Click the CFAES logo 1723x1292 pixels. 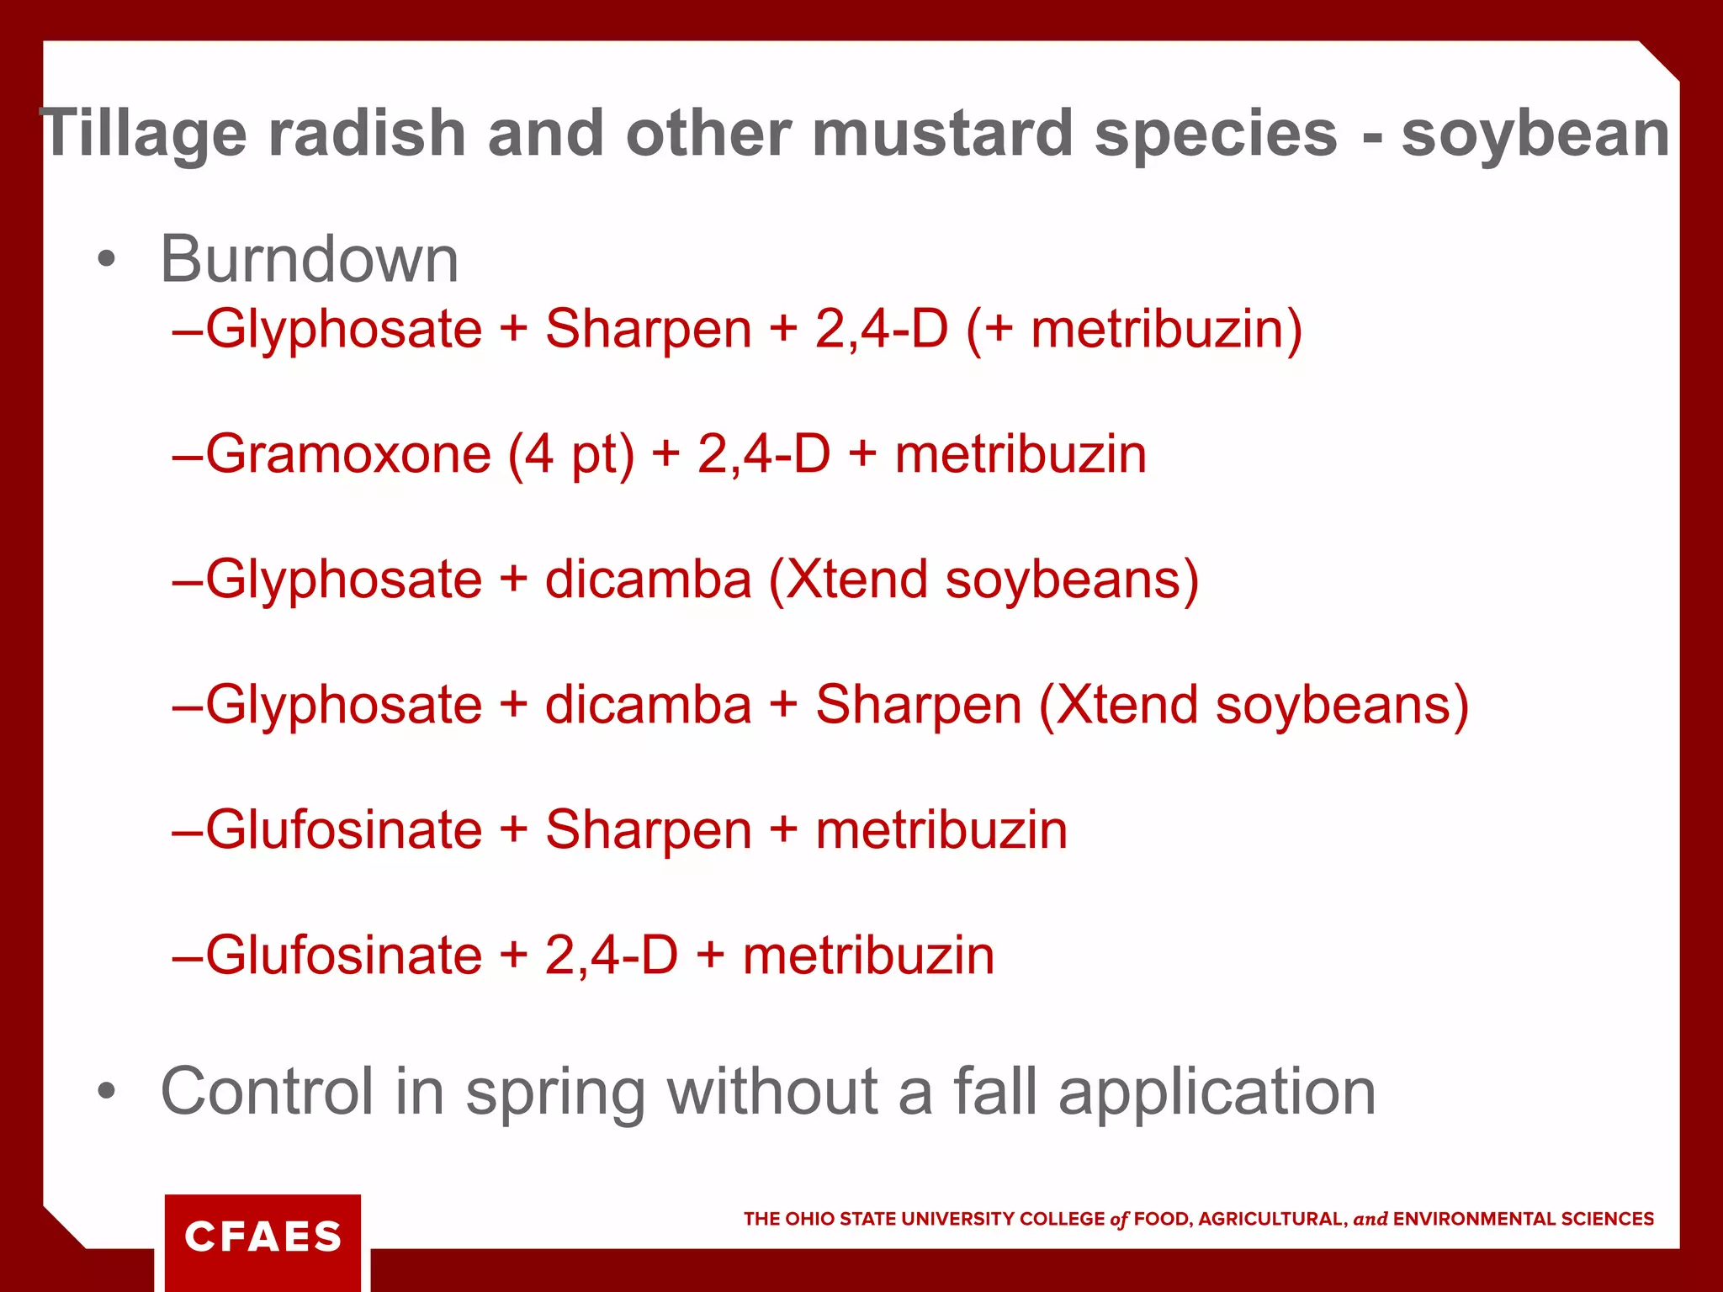[262, 1236]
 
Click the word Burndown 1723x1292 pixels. [310, 260]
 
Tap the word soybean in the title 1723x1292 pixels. [1535, 135]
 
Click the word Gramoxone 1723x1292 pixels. [348, 455]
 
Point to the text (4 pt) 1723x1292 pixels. [571, 455]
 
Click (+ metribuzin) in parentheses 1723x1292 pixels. [1134, 329]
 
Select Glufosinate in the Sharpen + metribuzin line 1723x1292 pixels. [344, 830]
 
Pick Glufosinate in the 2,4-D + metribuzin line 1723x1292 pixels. [344, 956]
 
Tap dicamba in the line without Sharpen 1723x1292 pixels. [648, 580]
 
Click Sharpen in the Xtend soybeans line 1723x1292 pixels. [918, 705]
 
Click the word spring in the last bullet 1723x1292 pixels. [555, 1093]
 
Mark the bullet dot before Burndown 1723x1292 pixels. [105, 260]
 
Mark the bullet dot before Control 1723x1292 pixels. [105, 1091]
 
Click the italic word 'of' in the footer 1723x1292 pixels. [1119, 1220]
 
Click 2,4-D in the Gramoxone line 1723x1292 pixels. [763, 455]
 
